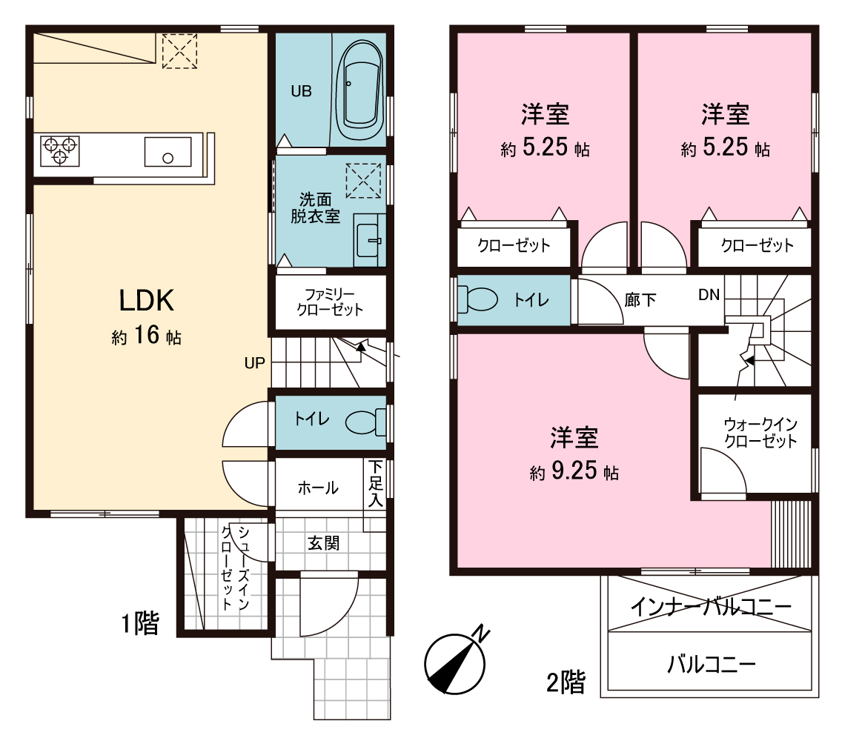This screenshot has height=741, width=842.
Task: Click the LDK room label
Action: click(147, 301)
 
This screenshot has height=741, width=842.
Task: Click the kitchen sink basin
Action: click(168, 152)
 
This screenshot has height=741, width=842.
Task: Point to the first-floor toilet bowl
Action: click(365, 422)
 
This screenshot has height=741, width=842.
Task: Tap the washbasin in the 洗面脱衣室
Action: click(368, 241)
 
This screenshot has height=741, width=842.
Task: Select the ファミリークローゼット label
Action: click(331, 302)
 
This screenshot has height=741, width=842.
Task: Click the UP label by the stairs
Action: click(254, 363)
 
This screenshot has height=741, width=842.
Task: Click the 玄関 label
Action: click(323, 543)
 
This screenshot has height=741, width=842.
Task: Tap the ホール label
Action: click(318, 488)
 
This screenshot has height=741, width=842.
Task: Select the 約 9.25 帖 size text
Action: click(574, 471)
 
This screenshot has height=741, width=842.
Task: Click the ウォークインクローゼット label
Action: click(760, 433)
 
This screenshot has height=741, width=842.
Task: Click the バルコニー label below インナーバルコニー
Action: click(712, 664)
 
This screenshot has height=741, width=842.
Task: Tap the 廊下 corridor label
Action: click(640, 299)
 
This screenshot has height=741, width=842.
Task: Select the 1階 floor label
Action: click(140, 623)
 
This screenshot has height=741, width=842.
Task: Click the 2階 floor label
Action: click(566, 682)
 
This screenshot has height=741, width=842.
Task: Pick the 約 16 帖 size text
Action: click(147, 336)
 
